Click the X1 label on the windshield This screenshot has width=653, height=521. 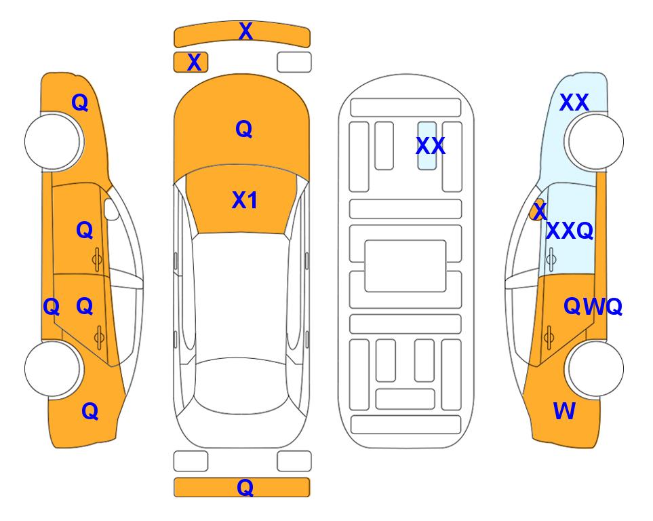pyautogui.click(x=245, y=200)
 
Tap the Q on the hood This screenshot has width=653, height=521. pyautogui.click(x=244, y=129)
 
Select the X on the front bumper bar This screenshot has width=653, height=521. pyautogui.click(x=245, y=31)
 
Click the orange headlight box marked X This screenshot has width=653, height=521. pyautogui.click(x=191, y=62)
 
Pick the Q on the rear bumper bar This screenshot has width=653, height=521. pyautogui.click(x=245, y=487)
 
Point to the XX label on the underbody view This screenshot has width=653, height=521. pyautogui.click(x=431, y=146)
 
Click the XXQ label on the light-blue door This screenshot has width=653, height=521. pyautogui.click(x=570, y=231)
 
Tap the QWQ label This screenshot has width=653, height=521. pyautogui.click(x=593, y=307)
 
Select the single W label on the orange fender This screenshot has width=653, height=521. pyautogui.click(x=564, y=411)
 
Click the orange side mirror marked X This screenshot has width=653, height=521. pyautogui.click(x=538, y=210)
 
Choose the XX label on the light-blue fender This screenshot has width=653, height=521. pyautogui.click(x=574, y=102)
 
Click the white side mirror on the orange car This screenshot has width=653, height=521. pyautogui.click(x=111, y=209)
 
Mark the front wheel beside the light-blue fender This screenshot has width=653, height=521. pyautogui.click(x=594, y=142)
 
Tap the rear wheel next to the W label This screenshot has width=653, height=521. pyautogui.click(x=594, y=368)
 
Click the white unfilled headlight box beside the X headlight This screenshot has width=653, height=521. pyautogui.click(x=294, y=62)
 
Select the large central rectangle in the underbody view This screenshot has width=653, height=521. pyautogui.click(x=405, y=266)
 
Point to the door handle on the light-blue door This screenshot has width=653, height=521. pyautogui.click(x=551, y=259)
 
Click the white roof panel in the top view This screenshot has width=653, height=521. pyautogui.click(x=241, y=296)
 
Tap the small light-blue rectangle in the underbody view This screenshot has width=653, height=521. pyautogui.click(x=427, y=146)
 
